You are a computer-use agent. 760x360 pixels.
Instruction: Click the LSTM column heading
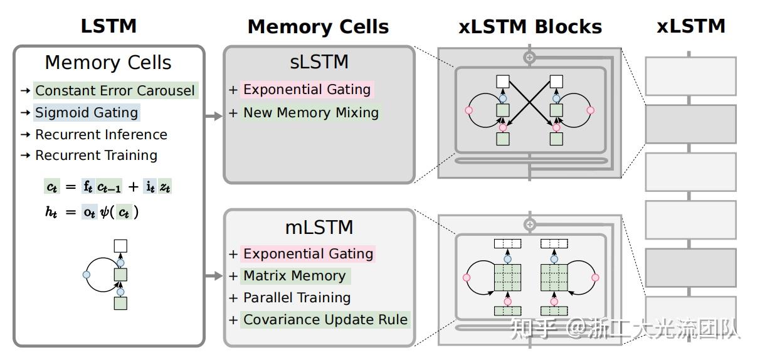[108, 26]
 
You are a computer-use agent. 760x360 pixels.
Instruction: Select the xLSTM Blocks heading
[530, 27]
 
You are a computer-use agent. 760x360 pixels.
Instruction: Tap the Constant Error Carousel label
[115, 90]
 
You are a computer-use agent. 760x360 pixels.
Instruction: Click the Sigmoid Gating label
[87, 113]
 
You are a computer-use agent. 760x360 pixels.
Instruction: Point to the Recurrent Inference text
[101, 135]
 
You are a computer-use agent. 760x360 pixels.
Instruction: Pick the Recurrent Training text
[96, 156]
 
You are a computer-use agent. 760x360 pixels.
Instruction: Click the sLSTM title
[319, 63]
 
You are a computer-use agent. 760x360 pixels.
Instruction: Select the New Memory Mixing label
[311, 113]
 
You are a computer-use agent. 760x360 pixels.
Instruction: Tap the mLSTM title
[319, 227]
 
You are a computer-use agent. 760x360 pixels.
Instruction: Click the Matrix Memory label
[294, 276]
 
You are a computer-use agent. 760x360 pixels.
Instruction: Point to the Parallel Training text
[297, 298]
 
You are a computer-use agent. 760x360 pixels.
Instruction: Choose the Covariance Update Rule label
[325, 320]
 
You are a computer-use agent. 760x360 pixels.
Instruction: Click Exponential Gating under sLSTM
[307, 90]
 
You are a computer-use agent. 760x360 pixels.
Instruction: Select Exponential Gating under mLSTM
[308, 254]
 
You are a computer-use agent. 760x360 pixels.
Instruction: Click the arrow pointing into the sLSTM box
[214, 116]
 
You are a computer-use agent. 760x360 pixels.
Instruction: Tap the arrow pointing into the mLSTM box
[214, 276]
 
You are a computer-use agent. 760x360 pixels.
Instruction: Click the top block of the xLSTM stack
[690, 75]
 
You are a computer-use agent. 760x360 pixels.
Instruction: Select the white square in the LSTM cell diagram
[120, 246]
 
